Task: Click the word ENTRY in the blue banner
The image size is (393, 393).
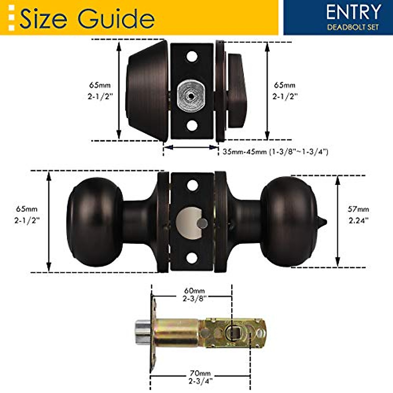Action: [353, 12]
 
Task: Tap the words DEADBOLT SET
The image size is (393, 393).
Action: [353, 27]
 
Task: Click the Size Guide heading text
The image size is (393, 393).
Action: [87, 19]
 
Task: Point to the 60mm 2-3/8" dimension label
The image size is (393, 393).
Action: [194, 294]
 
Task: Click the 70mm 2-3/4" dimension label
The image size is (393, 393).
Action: [200, 377]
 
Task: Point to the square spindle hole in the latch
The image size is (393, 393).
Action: [234, 332]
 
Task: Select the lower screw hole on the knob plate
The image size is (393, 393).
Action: [192, 258]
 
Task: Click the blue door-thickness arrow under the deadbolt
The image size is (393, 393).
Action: [191, 147]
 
